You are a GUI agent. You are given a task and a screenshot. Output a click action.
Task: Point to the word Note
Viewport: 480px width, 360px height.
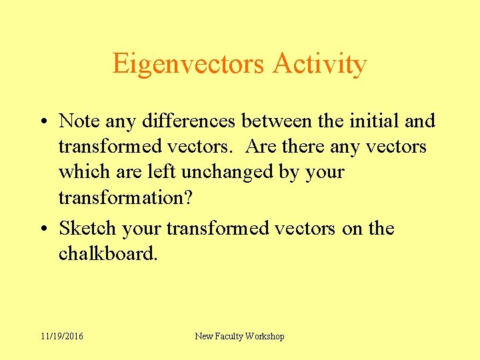tap(79, 121)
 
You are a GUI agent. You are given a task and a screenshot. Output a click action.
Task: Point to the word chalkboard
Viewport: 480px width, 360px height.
tap(108, 254)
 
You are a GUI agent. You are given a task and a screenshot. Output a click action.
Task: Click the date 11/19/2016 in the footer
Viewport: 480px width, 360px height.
tap(61, 337)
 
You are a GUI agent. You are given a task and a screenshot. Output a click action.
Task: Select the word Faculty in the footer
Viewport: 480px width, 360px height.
tap(231, 337)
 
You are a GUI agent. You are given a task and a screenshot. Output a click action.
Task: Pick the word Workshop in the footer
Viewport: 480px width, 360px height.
tap(266, 337)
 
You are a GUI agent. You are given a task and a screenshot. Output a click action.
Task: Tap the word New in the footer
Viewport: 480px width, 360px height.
tap(204, 337)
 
